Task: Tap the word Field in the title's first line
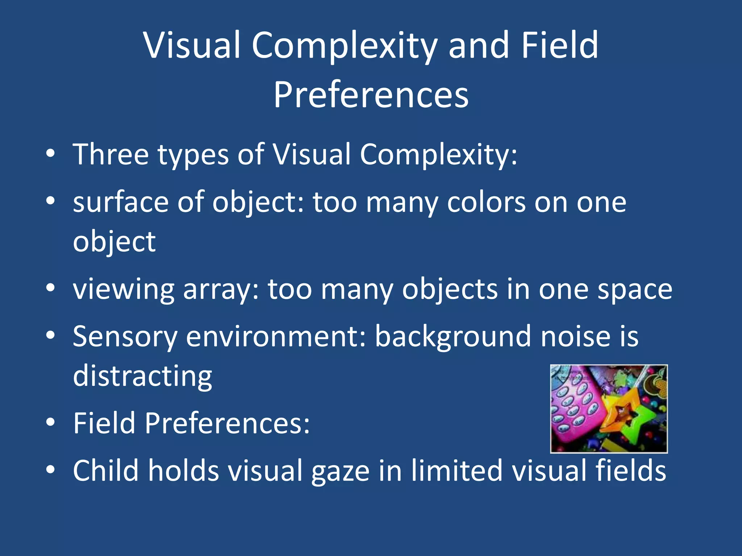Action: click(x=560, y=45)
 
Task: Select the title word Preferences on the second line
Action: click(x=371, y=95)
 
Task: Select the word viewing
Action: click(x=124, y=290)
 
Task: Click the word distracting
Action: click(x=142, y=376)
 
